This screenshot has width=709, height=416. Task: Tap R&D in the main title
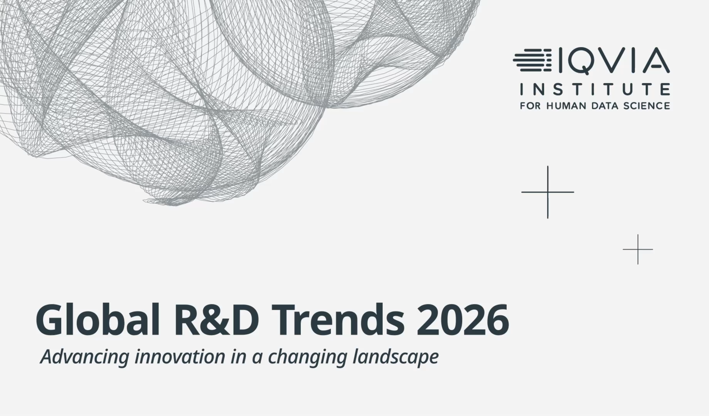pos(217,320)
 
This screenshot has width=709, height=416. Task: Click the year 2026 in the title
pos(463,320)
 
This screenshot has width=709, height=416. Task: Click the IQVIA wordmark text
pos(613,61)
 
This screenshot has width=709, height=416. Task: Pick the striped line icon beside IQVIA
pos(532,60)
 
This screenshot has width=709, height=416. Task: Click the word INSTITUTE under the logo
pos(595,89)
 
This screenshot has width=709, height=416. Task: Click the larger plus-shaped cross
pos(548,192)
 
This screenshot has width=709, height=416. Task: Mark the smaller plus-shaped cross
pos(638,249)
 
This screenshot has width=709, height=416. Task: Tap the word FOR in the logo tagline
pos(531,106)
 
